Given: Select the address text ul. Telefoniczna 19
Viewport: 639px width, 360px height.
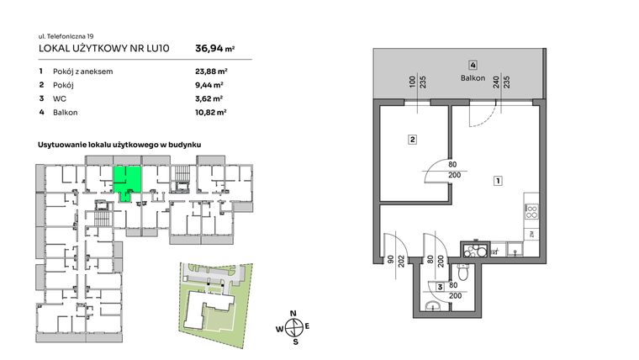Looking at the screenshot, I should tap(68, 36).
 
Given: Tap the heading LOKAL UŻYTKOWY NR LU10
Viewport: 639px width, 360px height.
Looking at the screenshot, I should tap(104, 49).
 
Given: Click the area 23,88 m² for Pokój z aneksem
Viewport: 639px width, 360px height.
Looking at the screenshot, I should tap(209, 71).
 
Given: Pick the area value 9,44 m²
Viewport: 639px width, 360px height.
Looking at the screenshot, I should tap(208, 85).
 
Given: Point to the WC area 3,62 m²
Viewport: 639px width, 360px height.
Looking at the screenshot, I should tap(208, 98).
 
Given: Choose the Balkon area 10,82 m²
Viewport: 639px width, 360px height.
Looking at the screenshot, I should tap(209, 111).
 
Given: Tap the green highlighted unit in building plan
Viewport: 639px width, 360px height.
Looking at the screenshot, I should tap(127, 179).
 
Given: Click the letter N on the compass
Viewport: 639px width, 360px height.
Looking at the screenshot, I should tap(293, 314).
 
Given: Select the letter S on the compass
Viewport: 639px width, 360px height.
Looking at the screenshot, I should tap(294, 342).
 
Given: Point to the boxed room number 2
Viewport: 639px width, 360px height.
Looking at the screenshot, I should tap(412, 140).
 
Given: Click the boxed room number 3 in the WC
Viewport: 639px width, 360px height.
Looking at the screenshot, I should tap(441, 289).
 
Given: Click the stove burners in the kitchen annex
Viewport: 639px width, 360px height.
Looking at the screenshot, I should tap(531, 213).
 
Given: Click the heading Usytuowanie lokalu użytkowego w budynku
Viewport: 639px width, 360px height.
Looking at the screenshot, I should tap(124, 146).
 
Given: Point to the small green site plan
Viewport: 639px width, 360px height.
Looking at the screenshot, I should tap(215, 298).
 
